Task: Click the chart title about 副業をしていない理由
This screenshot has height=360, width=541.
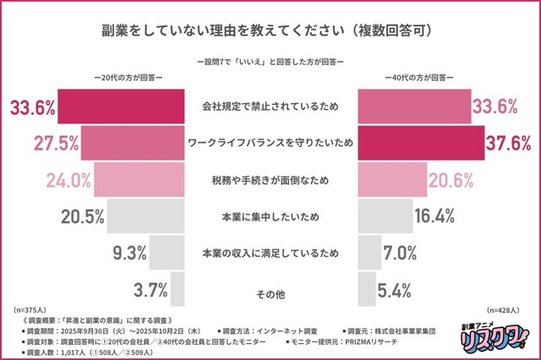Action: [x=270, y=30]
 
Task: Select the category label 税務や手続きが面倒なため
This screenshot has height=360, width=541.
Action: [x=270, y=179]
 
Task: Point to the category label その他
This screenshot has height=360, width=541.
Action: [x=270, y=293]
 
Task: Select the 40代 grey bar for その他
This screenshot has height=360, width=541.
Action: [x=366, y=288]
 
